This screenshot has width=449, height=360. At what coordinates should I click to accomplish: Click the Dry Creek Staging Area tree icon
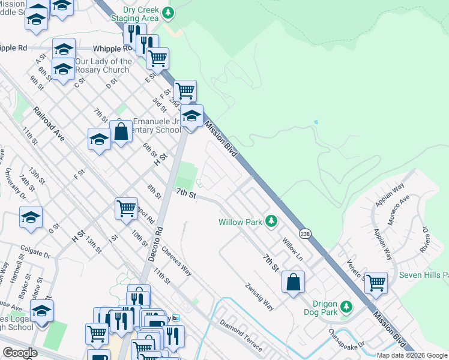point(169,12)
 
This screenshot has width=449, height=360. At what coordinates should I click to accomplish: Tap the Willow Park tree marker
point(271,222)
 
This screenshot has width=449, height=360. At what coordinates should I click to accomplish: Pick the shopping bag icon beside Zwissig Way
point(293,282)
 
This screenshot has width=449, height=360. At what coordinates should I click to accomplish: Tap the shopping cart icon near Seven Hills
point(376,282)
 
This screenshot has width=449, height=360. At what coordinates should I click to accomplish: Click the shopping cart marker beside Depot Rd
point(126,209)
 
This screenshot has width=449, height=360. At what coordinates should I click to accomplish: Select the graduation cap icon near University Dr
point(31,217)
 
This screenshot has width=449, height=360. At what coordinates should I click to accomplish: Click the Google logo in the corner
point(20,353)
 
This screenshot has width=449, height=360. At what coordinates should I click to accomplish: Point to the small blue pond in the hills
point(315,122)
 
